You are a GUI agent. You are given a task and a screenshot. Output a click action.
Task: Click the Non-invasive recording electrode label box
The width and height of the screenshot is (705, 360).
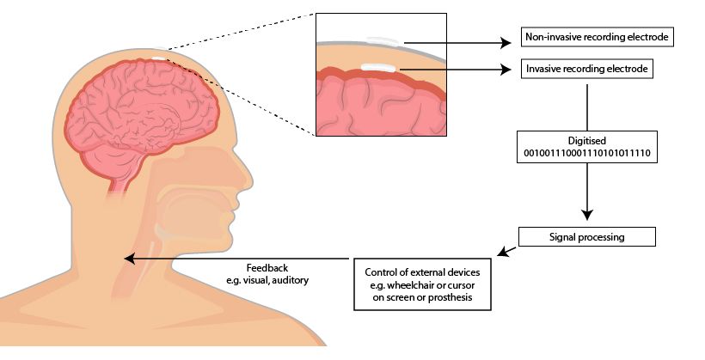(597, 39)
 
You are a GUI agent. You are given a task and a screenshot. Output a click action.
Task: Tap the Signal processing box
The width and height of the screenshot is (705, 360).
(587, 235)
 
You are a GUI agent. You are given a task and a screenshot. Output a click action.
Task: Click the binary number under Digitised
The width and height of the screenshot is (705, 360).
(586, 151)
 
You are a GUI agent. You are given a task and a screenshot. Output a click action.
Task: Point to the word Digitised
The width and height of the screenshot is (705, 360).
(586, 139)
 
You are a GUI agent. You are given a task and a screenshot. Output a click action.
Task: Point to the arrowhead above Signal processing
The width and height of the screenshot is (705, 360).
(587, 214)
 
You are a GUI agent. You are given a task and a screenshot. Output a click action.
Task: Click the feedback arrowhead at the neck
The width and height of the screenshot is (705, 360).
(130, 257)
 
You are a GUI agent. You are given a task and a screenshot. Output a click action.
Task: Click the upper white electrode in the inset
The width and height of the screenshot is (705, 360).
(379, 40)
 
